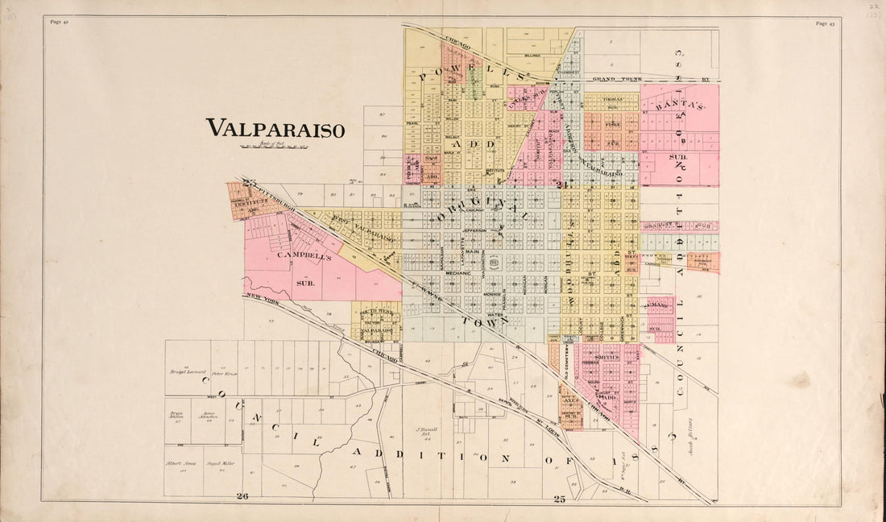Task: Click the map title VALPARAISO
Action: pyautogui.click(x=275, y=128)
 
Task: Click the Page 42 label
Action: pyautogui.click(x=59, y=23)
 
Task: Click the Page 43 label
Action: pyautogui.click(x=825, y=23)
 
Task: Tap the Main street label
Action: pyautogui.click(x=472, y=252)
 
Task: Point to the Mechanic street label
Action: pyautogui.click(x=457, y=273)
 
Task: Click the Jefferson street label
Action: pyautogui.click(x=474, y=230)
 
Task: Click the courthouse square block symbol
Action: pyautogui.click(x=495, y=263)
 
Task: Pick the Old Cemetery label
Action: pyautogui.click(x=566, y=367)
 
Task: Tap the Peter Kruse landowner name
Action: pyautogui.click(x=221, y=374)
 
